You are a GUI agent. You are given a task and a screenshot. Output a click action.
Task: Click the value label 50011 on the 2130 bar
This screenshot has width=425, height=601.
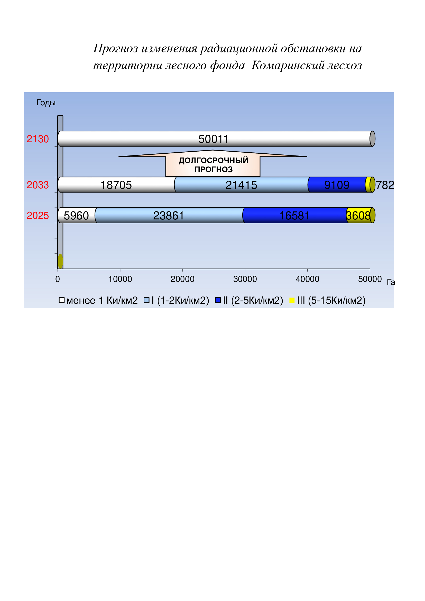(213, 139)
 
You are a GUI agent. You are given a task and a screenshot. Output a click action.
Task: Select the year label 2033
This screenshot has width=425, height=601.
(38, 185)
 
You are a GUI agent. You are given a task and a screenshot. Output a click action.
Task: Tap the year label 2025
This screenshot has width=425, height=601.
(38, 216)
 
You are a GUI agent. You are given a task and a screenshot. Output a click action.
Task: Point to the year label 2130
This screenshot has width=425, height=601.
(38, 139)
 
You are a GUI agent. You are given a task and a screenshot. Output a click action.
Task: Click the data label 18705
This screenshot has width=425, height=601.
(116, 185)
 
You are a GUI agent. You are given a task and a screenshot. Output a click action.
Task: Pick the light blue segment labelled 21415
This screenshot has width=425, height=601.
(241, 185)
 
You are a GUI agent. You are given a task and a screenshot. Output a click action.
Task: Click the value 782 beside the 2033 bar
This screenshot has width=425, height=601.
(385, 185)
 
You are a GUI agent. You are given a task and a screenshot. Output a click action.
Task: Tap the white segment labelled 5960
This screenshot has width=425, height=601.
(76, 215)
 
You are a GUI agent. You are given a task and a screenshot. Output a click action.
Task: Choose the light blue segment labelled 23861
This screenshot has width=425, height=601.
(169, 215)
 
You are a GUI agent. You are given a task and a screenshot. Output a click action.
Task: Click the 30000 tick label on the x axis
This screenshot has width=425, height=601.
(245, 279)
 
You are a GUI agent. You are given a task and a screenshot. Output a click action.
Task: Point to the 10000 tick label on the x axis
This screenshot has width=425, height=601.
(120, 279)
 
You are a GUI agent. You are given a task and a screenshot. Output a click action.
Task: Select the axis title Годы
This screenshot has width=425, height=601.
(46, 103)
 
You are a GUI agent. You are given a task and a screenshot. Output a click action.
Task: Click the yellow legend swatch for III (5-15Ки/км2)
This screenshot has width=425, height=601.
(292, 300)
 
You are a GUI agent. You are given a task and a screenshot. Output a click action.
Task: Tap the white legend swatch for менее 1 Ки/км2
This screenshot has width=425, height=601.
(61, 300)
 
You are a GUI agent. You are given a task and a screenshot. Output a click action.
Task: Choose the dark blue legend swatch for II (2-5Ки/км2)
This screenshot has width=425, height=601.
(218, 300)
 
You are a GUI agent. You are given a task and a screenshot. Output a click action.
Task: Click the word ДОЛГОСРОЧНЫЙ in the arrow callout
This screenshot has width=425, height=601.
(213, 160)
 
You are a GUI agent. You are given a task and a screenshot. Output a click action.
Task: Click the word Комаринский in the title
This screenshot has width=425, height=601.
(288, 65)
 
